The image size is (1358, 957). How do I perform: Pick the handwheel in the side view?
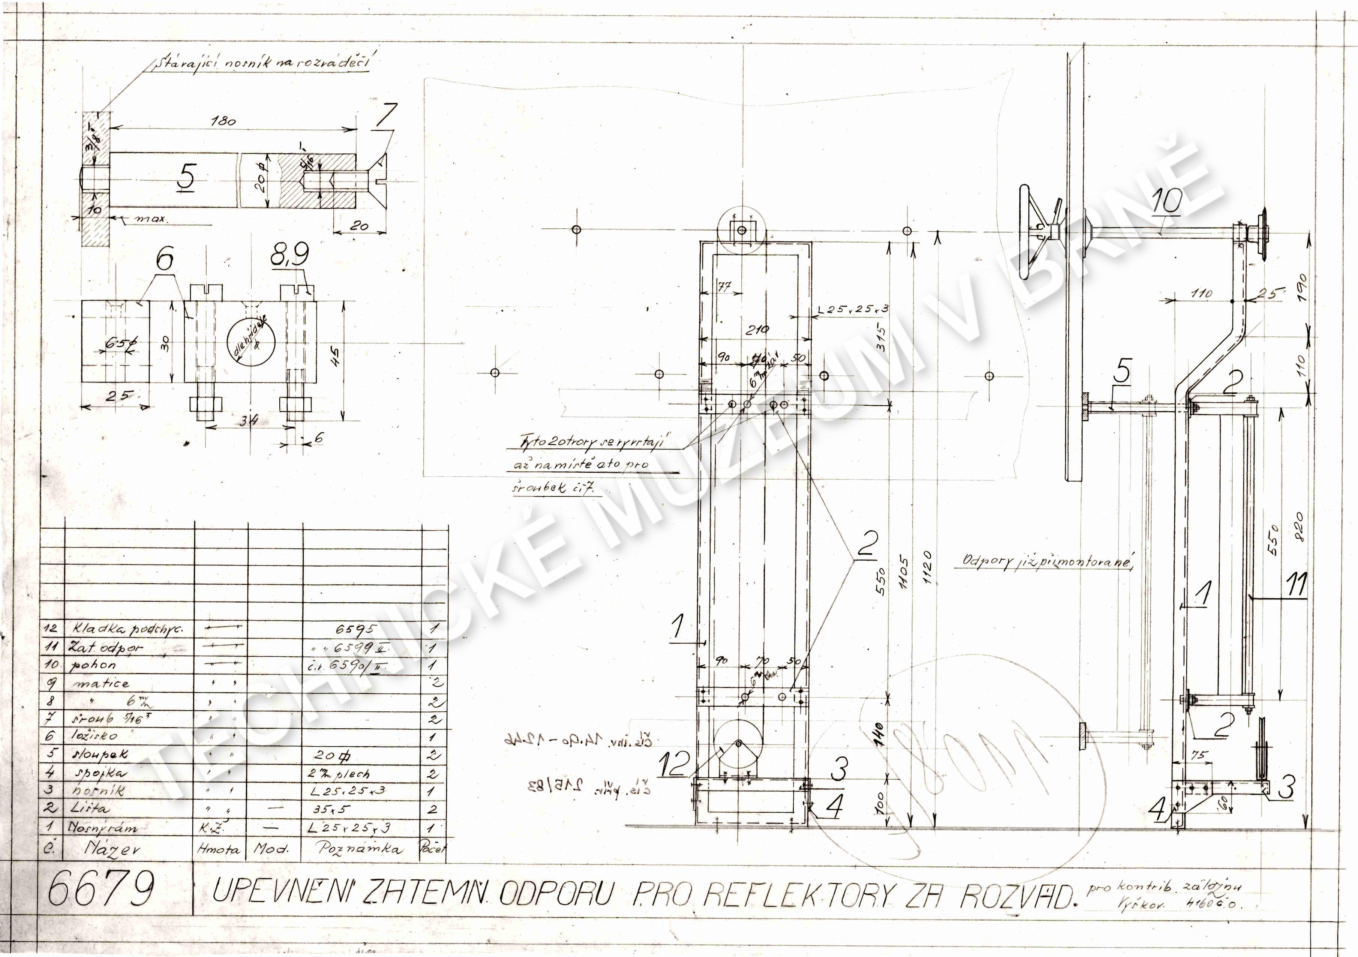[1038, 232]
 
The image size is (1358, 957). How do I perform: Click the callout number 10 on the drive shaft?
[1166, 201]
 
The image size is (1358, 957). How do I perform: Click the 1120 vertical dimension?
[927, 568]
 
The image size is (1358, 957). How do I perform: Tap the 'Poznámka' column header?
[360, 849]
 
